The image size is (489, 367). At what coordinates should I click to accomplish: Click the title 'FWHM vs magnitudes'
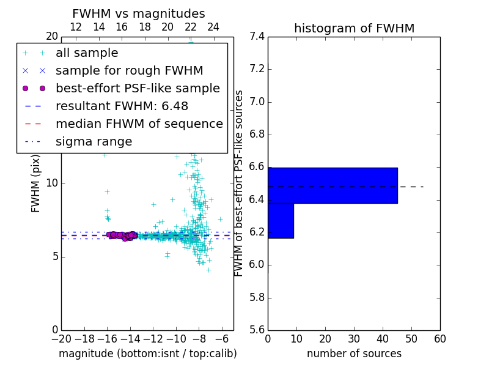pyautogui.click(x=139, y=13)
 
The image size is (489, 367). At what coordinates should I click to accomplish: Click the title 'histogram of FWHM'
pyautogui.click(x=354, y=28)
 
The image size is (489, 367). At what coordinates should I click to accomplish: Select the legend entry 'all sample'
pyautogui.click(x=87, y=53)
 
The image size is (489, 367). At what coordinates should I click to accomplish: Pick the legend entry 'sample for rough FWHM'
pyautogui.click(x=129, y=70)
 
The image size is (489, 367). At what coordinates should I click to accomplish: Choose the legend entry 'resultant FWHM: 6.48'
pyautogui.click(x=122, y=106)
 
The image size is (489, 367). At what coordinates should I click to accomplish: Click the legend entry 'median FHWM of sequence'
pyautogui.click(x=139, y=124)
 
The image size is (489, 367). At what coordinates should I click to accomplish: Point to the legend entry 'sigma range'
pyautogui.click(x=94, y=141)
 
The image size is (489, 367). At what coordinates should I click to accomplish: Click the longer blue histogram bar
pyautogui.click(x=333, y=185)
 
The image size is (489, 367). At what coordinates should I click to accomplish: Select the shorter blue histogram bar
pyautogui.click(x=281, y=220)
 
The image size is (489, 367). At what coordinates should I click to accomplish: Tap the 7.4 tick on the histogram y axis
pyautogui.click(x=257, y=36)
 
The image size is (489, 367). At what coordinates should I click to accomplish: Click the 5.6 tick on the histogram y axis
pyautogui.click(x=257, y=330)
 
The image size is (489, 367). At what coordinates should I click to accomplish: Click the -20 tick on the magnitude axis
pyautogui.click(x=61, y=339)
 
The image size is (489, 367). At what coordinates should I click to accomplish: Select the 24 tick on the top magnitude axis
pyautogui.click(x=213, y=27)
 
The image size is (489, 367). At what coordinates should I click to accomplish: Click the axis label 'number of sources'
pyautogui.click(x=354, y=354)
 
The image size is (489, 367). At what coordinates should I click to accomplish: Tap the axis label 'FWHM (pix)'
pyautogui.click(x=36, y=183)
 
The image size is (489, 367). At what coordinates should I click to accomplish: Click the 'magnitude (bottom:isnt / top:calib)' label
pyautogui.click(x=147, y=354)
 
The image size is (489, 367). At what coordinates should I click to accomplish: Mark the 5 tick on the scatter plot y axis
pyautogui.click(x=55, y=256)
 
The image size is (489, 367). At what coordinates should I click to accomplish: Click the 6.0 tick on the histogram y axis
pyautogui.click(x=257, y=265)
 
